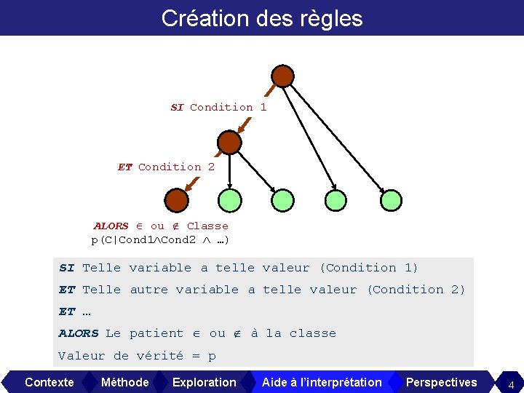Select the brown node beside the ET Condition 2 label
tap(229, 142)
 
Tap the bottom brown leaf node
tap(176, 199)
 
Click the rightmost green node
tap(391, 199)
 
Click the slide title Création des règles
tap(262, 18)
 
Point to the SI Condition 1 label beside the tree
tap(218, 107)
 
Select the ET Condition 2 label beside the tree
tap(166, 167)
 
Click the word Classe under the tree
tap(207, 226)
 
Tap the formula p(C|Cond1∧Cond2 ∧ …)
tap(161, 239)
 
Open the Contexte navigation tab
tap(49, 382)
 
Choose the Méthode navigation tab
tap(124, 382)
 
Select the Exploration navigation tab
tap(204, 382)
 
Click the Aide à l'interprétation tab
tap(322, 382)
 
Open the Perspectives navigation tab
tap(441, 382)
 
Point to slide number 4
tap(511, 384)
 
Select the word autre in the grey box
tap(148, 290)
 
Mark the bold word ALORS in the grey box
tap(79, 333)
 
